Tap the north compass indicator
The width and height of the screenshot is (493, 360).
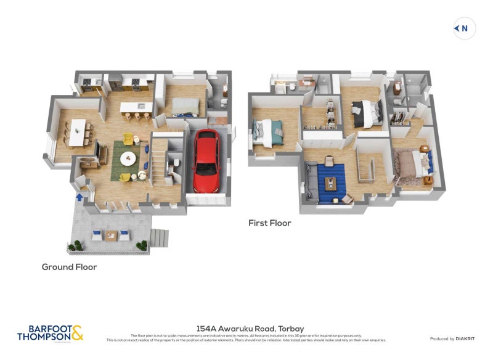pos(465,28)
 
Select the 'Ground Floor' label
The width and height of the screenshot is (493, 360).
pos(69,267)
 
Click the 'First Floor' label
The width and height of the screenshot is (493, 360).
pos(269,223)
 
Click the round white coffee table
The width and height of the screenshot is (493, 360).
pos(128,158)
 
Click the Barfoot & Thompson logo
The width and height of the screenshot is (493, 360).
pos(50,333)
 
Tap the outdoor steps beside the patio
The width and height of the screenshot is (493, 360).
pos(159,237)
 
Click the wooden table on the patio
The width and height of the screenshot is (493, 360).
pos(111,234)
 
